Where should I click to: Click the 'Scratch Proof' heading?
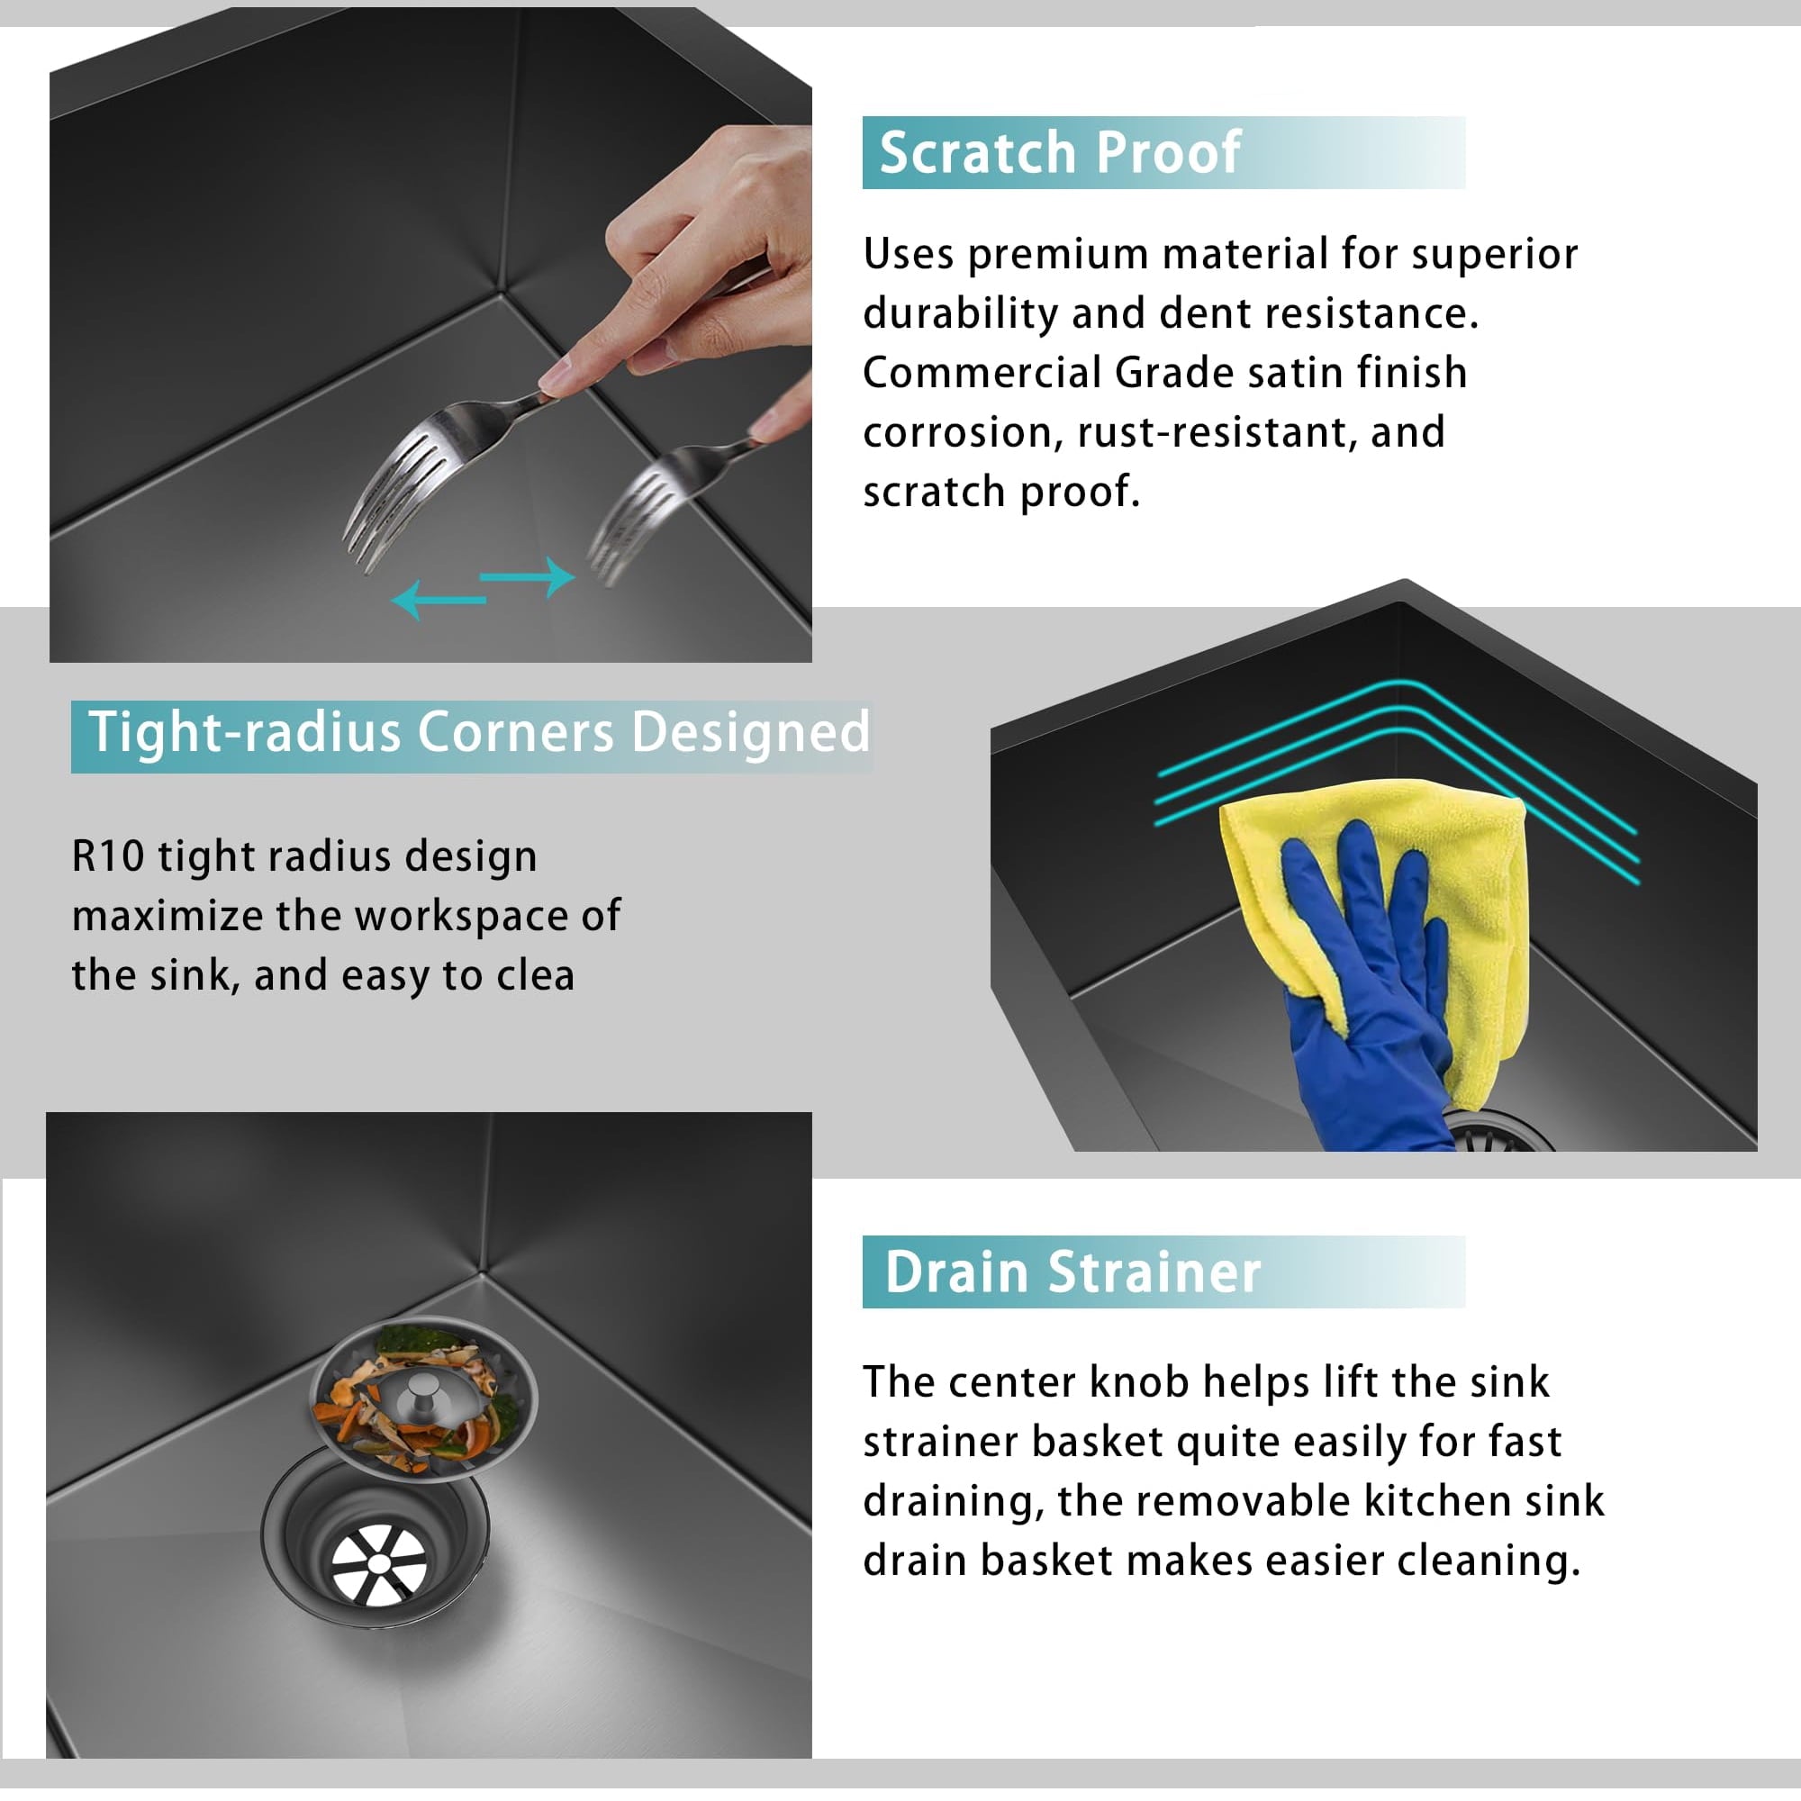coord(1059,152)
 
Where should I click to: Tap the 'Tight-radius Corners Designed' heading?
coord(479,732)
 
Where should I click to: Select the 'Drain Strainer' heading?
coord(1072,1272)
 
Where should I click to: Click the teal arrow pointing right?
coord(528,577)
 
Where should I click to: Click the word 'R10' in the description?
coord(107,855)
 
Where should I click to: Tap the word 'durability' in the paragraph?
coord(960,314)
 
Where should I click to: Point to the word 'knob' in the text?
coord(1138,1382)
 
